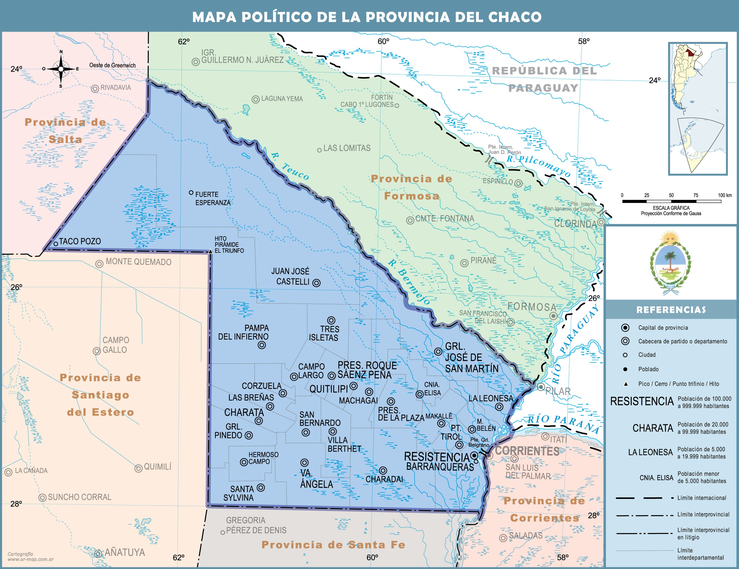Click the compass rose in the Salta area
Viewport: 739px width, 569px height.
point(61,69)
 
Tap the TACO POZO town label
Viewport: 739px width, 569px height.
point(80,242)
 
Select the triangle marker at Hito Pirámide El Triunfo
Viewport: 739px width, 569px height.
point(210,251)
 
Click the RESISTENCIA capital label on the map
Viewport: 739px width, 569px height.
point(437,457)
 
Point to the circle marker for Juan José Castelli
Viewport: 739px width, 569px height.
point(316,283)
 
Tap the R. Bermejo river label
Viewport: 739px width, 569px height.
point(409,282)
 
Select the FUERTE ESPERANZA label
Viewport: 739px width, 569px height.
point(213,199)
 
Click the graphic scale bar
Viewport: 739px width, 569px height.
point(671,201)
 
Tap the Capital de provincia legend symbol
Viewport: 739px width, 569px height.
point(625,327)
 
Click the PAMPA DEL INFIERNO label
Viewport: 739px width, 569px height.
point(243,332)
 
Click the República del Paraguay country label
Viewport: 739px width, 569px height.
point(544,79)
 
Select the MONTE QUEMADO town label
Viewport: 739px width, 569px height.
point(139,262)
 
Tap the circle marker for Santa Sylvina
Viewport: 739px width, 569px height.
point(260,488)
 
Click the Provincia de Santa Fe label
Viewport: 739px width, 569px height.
point(333,545)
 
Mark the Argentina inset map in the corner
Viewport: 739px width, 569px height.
point(698,108)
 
